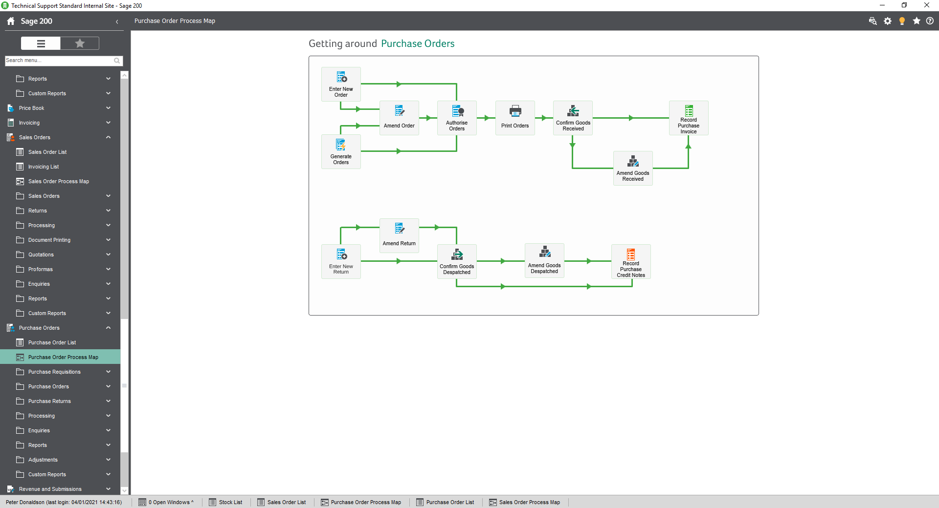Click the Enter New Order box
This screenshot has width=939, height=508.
click(x=341, y=84)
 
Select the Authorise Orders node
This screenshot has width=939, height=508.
click(x=457, y=118)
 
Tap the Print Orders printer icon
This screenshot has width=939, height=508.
click(x=515, y=111)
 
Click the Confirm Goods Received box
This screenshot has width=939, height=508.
click(x=573, y=118)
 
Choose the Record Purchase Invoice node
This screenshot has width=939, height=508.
click(x=688, y=118)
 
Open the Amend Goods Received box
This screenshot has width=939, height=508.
click(x=633, y=168)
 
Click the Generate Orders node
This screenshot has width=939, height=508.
click(x=341, y=151)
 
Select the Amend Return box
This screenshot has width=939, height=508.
click(x=399, y=235)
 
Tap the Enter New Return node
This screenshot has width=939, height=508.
click(x=341, y=261)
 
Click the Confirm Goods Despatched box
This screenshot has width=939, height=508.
click(x=457, y=261)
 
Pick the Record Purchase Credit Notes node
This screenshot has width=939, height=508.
click(x=631, y=261)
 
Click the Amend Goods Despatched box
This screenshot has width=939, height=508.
click(x=544, y=260)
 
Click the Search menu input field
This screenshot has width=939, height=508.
click(x=59, y=61)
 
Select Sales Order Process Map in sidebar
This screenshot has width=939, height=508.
click(x=58, y=181)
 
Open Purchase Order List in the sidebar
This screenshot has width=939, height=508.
click(x=52, y=342)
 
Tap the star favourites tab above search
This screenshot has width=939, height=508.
click(x=80, y=43)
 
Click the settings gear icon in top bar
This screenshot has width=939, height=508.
click(x=888, y=21)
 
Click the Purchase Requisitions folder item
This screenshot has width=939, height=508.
click(x=54, y=372)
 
